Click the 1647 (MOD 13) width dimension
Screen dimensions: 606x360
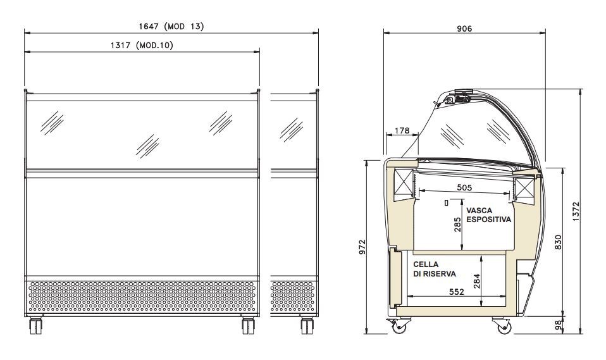click(171, 27)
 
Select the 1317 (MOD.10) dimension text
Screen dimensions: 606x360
click(142, 46)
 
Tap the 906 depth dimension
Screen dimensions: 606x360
click(464, 28)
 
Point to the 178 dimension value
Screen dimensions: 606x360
click(402, 130)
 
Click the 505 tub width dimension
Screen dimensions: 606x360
click(464, 187)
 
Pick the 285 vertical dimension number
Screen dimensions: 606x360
click(457, 225)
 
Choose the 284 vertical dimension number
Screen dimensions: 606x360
click(476, 281)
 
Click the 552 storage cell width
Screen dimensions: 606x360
click(457, 292)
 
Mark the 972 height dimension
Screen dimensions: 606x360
click(362, 247)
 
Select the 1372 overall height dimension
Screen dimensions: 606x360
click(576, 211)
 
